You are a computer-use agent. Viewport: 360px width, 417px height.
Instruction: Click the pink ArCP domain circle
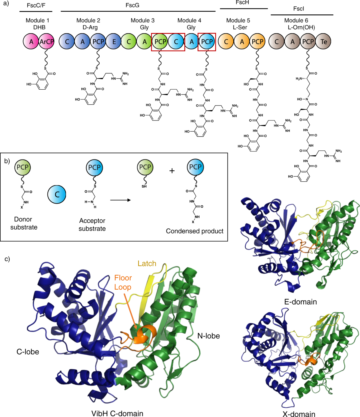tap(47, 42)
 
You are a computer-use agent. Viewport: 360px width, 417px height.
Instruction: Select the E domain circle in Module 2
tap(114, 42)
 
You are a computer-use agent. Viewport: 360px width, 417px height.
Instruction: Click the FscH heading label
tap(242, 3)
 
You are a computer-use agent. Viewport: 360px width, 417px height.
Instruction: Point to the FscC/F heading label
tap(36, 5)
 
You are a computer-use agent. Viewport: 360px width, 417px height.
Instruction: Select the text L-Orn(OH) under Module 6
tap(301, 28)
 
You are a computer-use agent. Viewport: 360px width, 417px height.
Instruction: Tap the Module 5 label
tap(238, 20)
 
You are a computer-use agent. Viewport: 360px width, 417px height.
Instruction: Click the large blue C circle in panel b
tap(57, 194)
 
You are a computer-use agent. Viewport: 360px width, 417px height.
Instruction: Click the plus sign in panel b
tap(172, 171)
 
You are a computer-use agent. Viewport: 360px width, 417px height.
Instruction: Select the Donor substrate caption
tap(24, 223)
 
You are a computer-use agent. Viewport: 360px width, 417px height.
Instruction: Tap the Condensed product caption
tap(195, 231)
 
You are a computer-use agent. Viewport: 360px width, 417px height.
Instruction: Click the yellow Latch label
tap(147, 264)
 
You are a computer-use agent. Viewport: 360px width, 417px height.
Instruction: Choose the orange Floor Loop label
tap(123, 282)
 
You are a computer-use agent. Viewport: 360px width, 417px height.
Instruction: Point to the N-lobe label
tap(208, 336)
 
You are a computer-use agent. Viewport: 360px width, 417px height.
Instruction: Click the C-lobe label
tap(28, 352)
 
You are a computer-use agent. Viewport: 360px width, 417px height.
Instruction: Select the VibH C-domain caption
tap(117, 413)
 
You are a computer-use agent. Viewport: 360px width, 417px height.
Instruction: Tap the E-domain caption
tap(301, 302)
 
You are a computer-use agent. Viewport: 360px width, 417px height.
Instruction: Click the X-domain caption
tap(299, 414)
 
